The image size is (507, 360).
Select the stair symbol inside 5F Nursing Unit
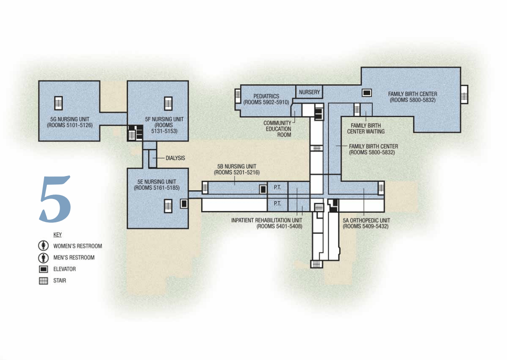168,103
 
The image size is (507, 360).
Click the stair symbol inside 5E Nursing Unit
168,206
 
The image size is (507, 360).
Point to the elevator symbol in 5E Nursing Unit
184,203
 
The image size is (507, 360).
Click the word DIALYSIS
175,157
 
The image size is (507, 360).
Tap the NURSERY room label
309,92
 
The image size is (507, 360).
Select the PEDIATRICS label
266,96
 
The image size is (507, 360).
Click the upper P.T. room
278,187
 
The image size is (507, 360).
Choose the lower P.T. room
278,204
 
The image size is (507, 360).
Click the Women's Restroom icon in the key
43,246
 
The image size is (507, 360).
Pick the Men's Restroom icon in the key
43,258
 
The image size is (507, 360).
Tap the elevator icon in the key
43,269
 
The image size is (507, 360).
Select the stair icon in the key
43,281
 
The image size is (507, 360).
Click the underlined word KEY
57,235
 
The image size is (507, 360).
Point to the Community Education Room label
277,129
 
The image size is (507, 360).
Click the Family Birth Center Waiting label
365,128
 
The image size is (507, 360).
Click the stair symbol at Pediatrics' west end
238,96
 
